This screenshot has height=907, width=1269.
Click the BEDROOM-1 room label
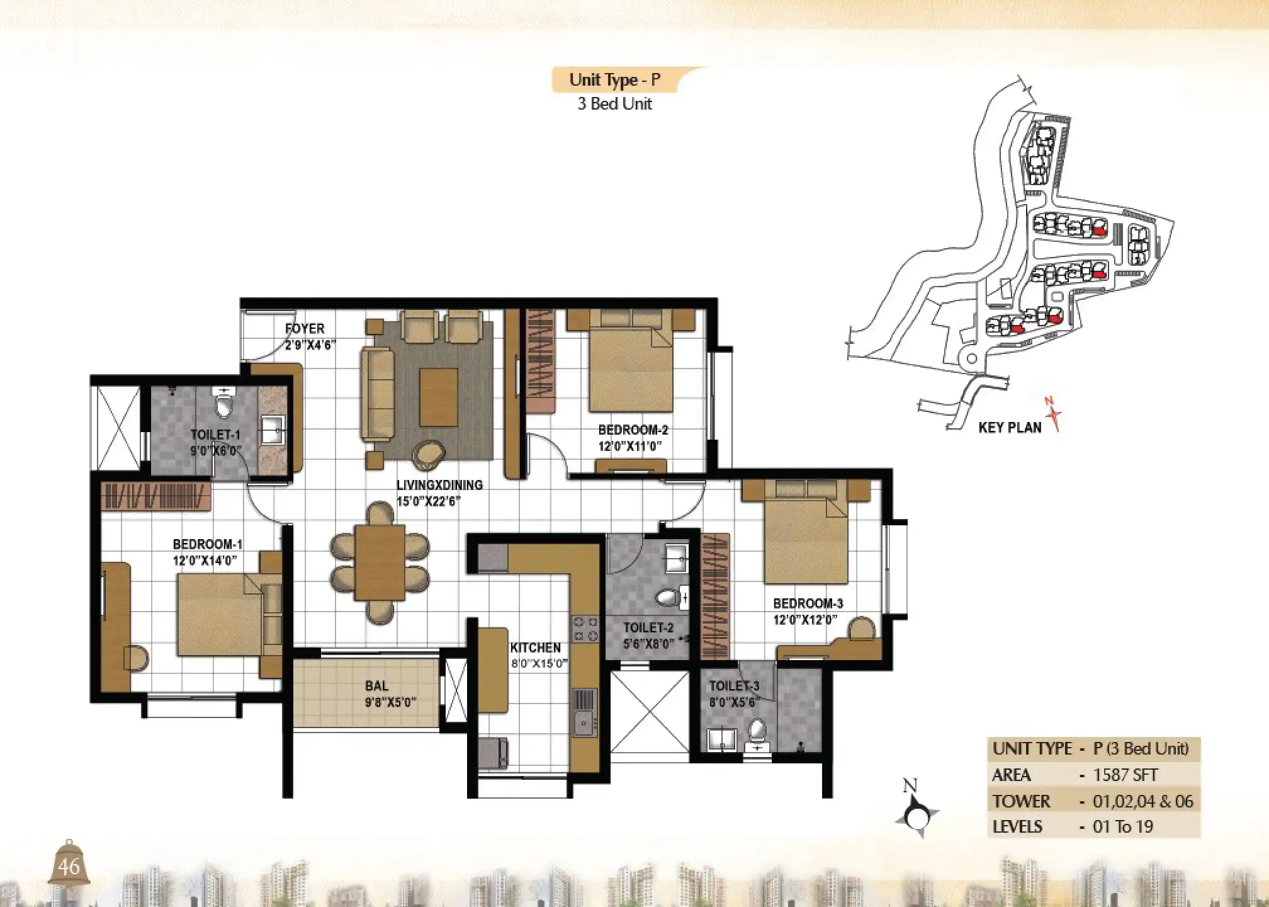coord(207,544)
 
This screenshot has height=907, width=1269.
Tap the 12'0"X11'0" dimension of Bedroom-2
coord(632,447)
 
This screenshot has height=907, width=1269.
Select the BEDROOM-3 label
coord(808,603)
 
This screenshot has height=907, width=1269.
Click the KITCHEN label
coord(535,647)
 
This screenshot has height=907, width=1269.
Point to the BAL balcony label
coord(376,686)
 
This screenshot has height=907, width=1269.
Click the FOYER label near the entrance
coord(305,328)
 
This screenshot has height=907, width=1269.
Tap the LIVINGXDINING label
coord(439,485)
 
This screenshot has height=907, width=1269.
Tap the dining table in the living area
coord(380,562)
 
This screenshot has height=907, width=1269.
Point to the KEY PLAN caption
coord(1010,428)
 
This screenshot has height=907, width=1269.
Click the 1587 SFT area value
coord(1125,775)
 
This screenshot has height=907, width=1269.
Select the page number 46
coord(69,867)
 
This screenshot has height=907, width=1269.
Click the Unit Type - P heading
coord(614,80)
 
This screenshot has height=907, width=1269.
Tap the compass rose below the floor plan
coord(916,816)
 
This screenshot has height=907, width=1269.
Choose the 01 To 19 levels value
coord(1123,826)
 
